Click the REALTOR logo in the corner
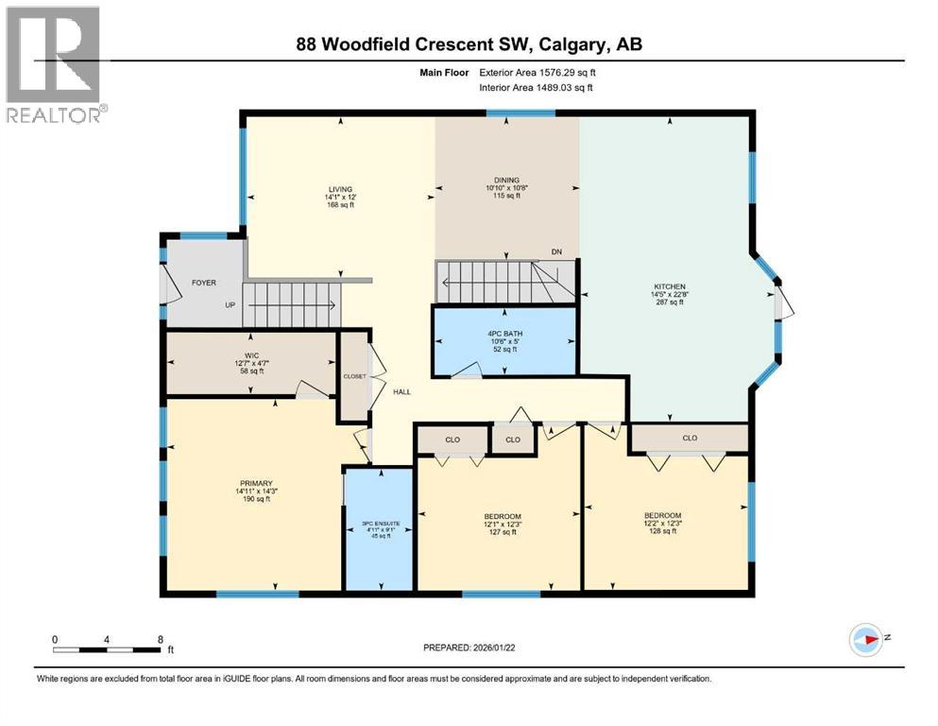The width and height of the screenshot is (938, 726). coord(54,63)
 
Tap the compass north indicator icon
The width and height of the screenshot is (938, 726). coord(866,640)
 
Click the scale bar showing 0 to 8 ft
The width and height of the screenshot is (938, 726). coord(107,648)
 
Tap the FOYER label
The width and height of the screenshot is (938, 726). coord(204,281)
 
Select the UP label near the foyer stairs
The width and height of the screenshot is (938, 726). coord(230,305)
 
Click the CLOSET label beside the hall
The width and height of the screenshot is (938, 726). coord(354,375)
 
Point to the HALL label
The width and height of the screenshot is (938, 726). coord(401,391)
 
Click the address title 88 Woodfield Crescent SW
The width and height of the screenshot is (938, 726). coord(469,44)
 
